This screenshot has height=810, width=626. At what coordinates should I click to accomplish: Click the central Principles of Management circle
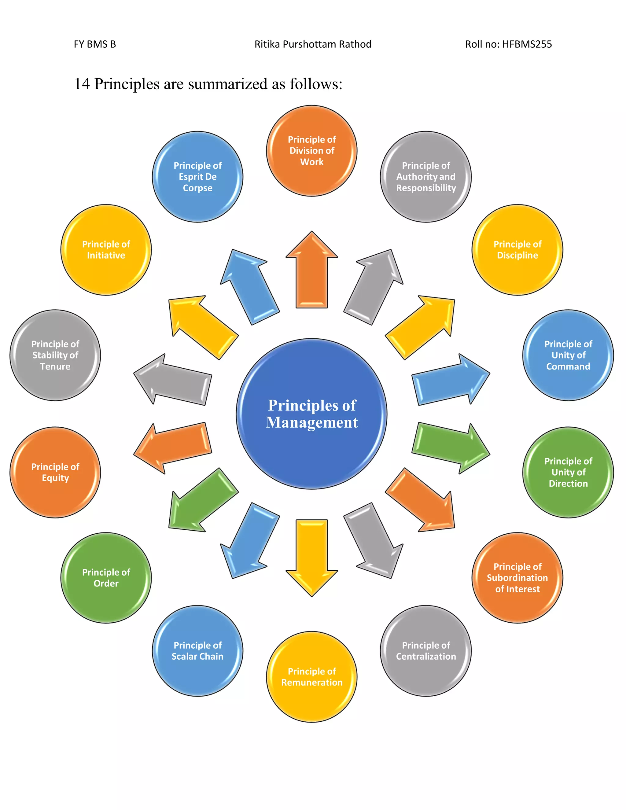pos(311,414)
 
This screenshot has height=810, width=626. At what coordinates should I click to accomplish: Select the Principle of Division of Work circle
pos(311,151)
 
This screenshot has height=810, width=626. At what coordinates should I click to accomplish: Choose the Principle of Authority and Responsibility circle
pos(426,177)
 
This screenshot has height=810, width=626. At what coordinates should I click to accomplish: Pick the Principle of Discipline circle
pos(517,250)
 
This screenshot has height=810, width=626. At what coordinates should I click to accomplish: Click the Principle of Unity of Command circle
pos(568,355)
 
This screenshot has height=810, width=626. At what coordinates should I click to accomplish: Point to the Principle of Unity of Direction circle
pos(568,472)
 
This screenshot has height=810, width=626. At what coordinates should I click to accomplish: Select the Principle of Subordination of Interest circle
pos(517,577)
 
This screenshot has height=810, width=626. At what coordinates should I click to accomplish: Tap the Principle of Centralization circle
pos(426,650)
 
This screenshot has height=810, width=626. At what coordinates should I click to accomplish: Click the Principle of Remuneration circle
pos(311,676)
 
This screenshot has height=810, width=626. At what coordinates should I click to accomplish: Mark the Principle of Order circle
pos(106,577)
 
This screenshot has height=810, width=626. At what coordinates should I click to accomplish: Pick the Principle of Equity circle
pos(55,472)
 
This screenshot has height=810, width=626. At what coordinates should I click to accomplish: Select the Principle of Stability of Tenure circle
pos(55,355)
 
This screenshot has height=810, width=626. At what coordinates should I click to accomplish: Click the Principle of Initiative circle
pos(106,250)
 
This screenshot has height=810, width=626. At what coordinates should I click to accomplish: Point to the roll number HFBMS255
pos(527,44)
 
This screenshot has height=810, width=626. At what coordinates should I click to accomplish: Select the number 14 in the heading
pos(82,84)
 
